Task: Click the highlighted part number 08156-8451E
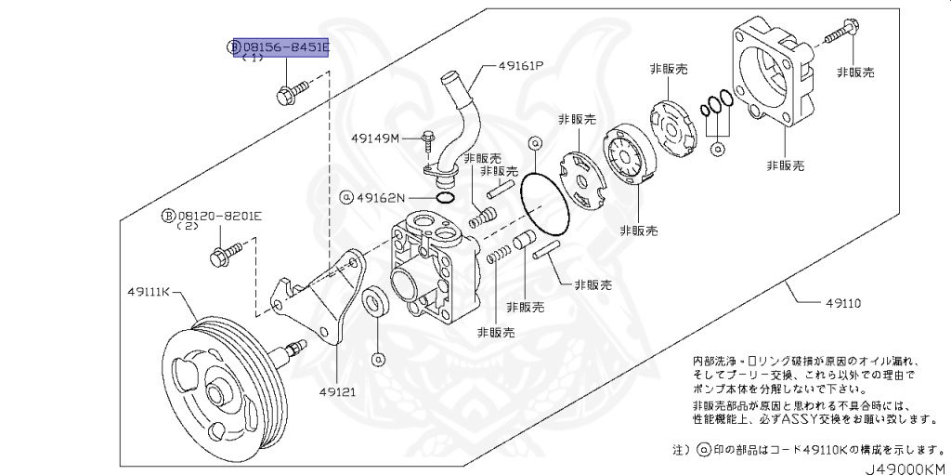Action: point(285,46)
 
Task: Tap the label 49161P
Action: point(520,67)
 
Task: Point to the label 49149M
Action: point(375,139)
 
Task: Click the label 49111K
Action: point(149,291)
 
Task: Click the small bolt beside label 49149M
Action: point(426,140)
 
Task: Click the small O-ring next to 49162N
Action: point(444,197)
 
